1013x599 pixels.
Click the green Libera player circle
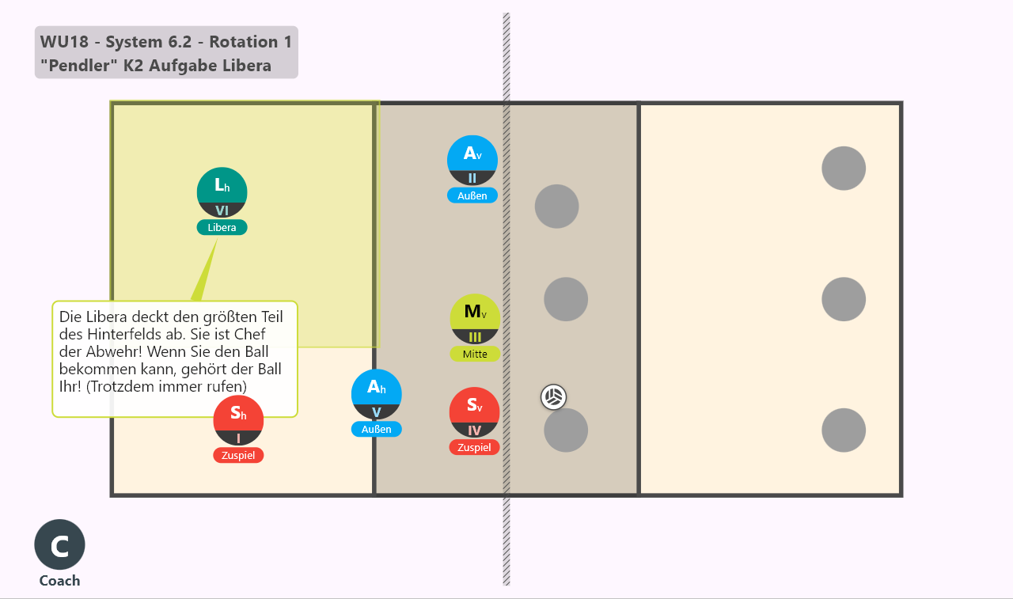222,192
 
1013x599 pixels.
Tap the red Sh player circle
238,420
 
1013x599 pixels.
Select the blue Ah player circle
376,395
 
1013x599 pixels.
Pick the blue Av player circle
472,161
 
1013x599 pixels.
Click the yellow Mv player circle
475,319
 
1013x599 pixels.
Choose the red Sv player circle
474,412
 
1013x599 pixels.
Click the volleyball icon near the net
553,397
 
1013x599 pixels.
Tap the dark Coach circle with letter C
59,544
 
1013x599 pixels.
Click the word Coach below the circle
59,581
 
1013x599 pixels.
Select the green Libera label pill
222,227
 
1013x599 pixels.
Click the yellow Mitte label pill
475,354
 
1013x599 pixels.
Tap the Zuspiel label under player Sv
474,447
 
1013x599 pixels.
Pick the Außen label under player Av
472,195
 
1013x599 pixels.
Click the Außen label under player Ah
376,429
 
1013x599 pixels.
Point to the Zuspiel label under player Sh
238,455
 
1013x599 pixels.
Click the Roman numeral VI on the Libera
222,210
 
